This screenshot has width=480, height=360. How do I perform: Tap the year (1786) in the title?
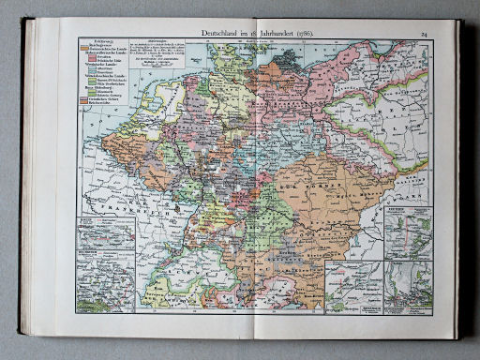[x=303, y=35]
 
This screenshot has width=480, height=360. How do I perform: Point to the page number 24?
[x=424, y=35]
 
